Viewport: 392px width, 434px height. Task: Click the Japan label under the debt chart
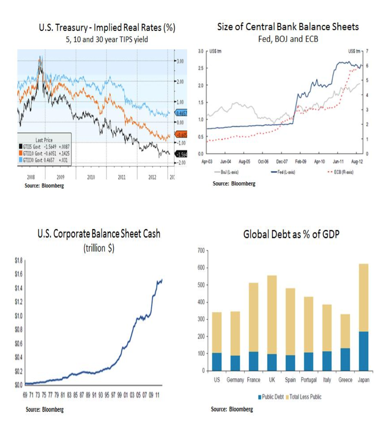363,380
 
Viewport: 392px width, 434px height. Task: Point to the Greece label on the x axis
345,380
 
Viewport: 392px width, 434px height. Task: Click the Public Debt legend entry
271,397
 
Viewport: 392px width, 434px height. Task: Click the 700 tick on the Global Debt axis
201,250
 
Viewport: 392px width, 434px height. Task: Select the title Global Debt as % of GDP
291,235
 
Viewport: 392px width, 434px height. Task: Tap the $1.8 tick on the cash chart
19,260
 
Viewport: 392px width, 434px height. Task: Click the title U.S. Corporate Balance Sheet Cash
99,234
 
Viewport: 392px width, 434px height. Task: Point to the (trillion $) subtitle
99,248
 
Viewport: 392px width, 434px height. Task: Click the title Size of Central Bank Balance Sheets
288,27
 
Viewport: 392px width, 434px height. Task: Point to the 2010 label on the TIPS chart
91,177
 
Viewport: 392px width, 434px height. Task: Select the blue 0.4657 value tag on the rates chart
182,113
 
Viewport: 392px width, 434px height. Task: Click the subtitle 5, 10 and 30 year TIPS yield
107,40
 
